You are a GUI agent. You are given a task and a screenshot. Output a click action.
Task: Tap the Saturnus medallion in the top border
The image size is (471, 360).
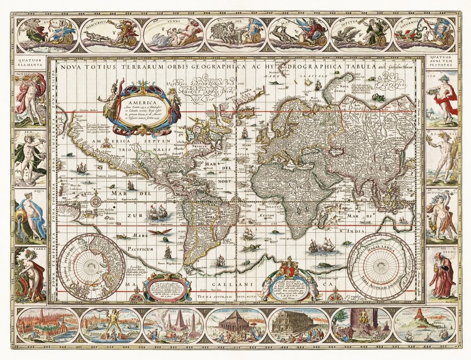(x=424, y=33)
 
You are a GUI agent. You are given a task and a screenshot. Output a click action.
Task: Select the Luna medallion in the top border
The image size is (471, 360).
(x=47, y=33)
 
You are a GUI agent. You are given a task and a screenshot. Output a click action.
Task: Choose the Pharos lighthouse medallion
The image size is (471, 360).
(x=424, y=325)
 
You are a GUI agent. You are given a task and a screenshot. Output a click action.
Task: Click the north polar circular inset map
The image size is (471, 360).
(x=94, y=264)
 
